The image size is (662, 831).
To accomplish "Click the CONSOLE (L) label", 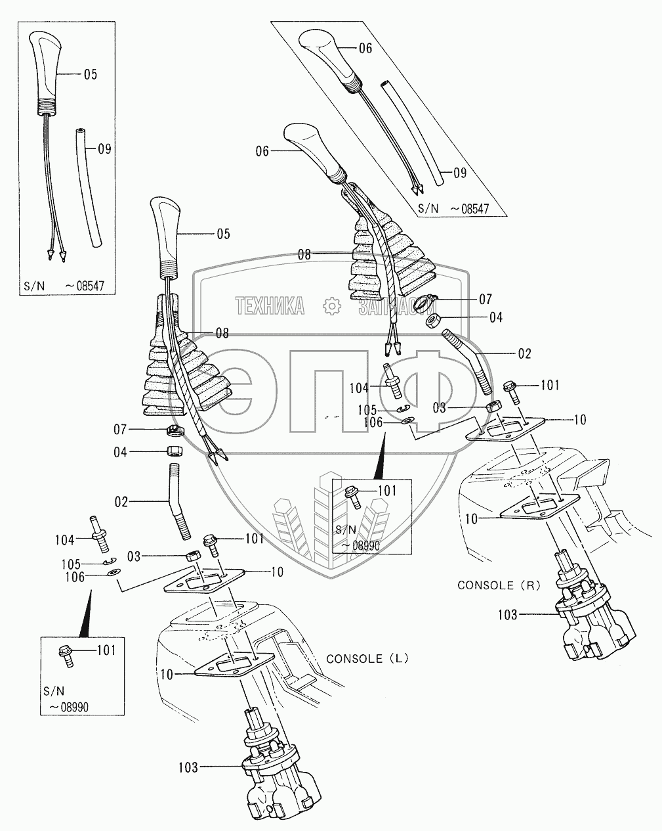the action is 367,658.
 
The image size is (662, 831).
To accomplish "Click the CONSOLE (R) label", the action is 499,585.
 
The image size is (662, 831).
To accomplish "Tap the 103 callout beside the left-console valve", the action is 188,767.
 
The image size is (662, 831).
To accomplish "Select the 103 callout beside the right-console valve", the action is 507,614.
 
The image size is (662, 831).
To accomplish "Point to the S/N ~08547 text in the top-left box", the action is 64,286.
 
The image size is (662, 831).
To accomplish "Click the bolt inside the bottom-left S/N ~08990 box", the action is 66,656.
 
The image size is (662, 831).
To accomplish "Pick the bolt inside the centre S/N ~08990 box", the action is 354,497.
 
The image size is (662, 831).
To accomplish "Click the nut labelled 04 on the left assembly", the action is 175,451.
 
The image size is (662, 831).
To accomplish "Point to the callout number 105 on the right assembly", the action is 367,410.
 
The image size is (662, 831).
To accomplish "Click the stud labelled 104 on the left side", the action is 99,534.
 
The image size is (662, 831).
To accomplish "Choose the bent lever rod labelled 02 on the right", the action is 468,361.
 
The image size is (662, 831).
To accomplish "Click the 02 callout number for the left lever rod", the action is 121,502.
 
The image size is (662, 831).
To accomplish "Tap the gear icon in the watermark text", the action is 332,306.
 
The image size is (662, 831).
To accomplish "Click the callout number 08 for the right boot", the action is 304,254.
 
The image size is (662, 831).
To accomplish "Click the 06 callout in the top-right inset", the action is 365,48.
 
